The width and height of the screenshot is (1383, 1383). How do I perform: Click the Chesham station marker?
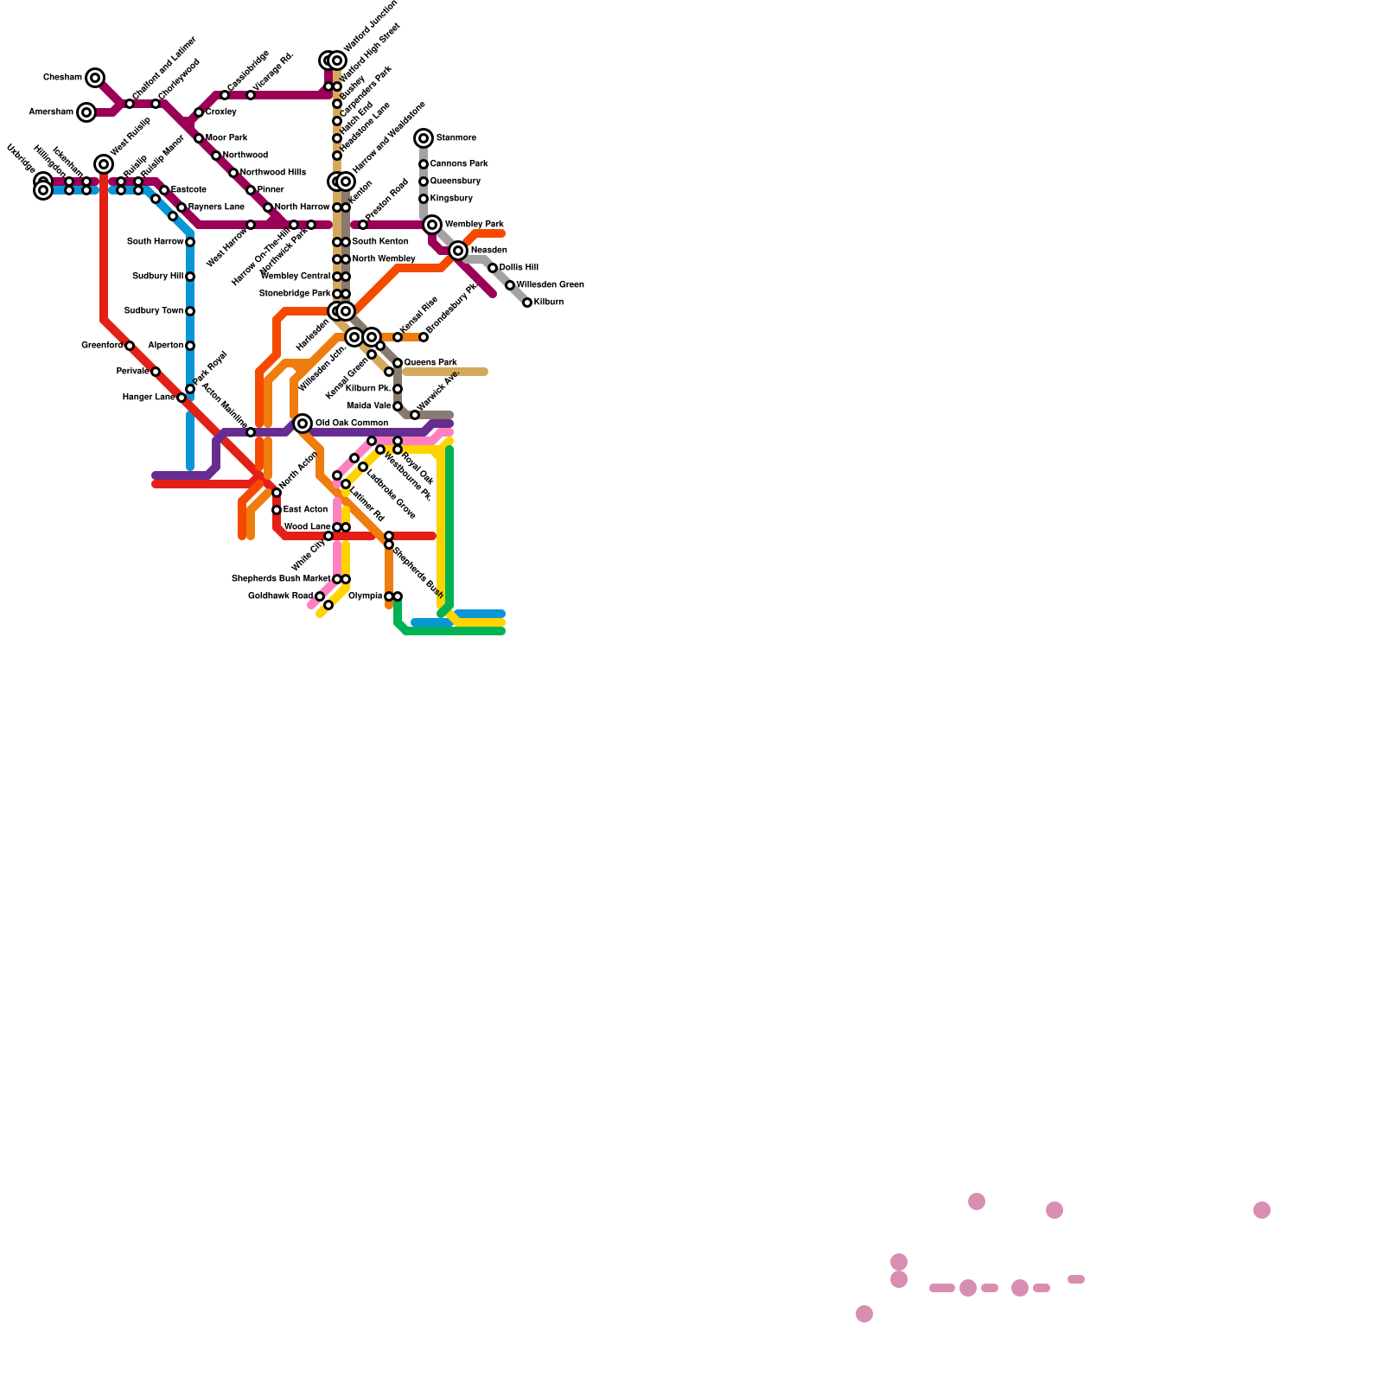pyautogui.click(x=95, y=78)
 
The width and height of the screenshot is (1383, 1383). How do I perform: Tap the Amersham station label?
pyautogui.click(x=51, y=112)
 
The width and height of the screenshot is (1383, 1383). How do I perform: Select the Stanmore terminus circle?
pyautogui.click(x=424, y=138)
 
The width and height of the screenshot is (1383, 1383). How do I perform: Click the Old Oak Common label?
pyautogui.click(x=352, y=424)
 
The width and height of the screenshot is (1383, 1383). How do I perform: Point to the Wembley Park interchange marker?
pyautogui.click(x=432, y=225)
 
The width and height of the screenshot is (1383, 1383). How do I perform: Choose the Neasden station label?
pyautogui.click(x=489, y=251)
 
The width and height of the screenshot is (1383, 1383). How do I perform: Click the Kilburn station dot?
pyautogui.click(x=527, y=303)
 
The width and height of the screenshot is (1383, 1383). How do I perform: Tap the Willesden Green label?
pyautogui.click(x=551, y=285)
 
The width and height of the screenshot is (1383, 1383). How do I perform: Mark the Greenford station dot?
pyautogui.click(x=130, y=346)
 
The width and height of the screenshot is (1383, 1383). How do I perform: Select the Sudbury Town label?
pyautogui.click(x=154, y=311)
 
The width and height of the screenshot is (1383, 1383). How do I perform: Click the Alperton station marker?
pyautogui.click(x=190, y=346)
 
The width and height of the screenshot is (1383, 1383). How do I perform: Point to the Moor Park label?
pyautogui.click(x=226, y=138)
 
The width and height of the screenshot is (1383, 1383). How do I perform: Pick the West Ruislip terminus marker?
pyautogui.click(x=104, y=164)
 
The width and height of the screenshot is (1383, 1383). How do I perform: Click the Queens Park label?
pyautogui.click(x=430, y=363)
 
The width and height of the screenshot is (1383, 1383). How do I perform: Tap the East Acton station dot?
pyautogui.click(x=277, y=510)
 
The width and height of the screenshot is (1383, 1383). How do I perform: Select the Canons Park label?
pyautogui.click(x=459, y=164)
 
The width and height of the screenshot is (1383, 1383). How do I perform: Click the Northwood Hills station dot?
pyautogui.click(x=233, y=173)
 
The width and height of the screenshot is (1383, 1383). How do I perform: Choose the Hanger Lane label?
pyautogui.click(x=149, y=398)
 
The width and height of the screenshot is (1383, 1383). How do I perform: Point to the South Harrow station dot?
pyautogui.click(x=190, y=242)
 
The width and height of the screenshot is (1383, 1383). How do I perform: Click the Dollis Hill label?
pyautogui.click(x=519, y=268)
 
